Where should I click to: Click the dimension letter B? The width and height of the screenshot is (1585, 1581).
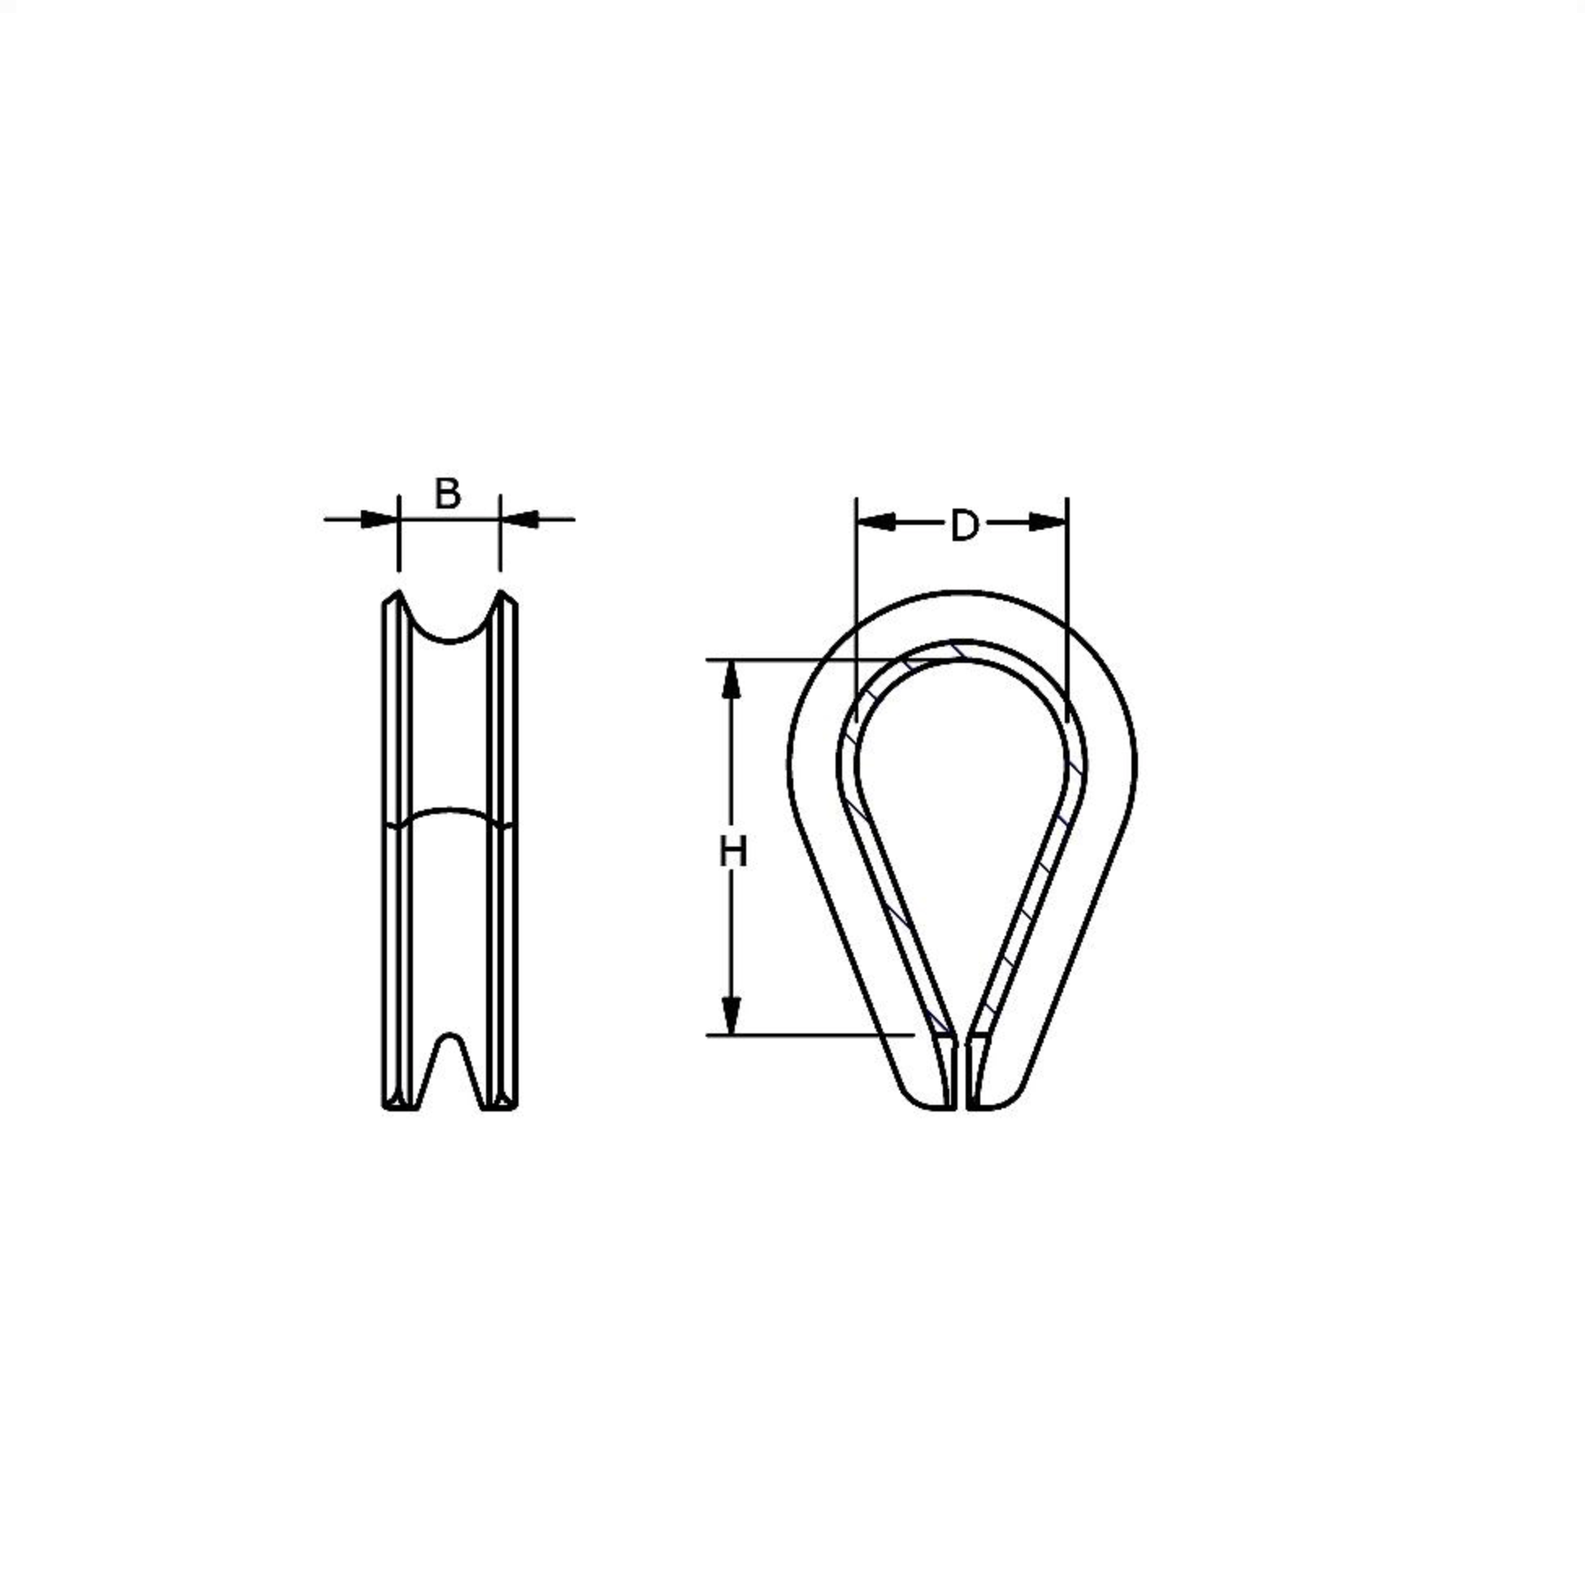coord(447,494)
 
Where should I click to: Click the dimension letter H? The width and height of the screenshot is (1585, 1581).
coord(732,852)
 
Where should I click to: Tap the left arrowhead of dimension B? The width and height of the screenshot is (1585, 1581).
coord(380,519)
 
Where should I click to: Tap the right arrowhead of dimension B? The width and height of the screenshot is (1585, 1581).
coord(519,519)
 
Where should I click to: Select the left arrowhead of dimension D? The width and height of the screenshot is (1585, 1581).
coord(875,522)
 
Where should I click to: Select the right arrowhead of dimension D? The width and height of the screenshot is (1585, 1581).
coord(1049,522)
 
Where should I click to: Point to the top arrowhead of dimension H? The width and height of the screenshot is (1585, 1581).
coord(731,679)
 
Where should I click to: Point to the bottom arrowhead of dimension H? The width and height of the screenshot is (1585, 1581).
coord(731,1016)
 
